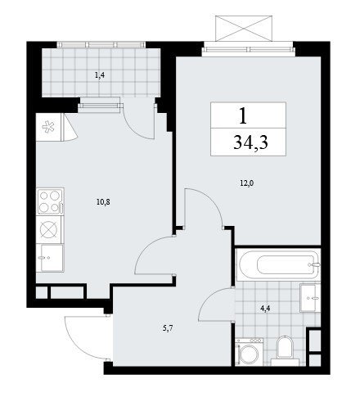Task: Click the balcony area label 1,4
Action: [100, 75]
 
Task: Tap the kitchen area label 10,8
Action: [103, 202]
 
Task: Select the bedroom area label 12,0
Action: [247, 183]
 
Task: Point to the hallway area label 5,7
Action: [168, 328]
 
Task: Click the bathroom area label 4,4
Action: [265, 309]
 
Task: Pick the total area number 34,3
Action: [250, 143]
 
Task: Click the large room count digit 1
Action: [243, 115]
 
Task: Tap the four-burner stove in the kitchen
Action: [51, 201]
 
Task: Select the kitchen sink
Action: [51, 258]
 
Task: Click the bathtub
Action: [278, 264]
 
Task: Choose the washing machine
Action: [250, 352]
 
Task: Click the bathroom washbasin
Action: [310, 298]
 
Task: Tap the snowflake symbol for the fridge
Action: [48, 127]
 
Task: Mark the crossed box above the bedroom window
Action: [244, 29]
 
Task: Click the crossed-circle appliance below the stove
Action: [49, 229]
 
